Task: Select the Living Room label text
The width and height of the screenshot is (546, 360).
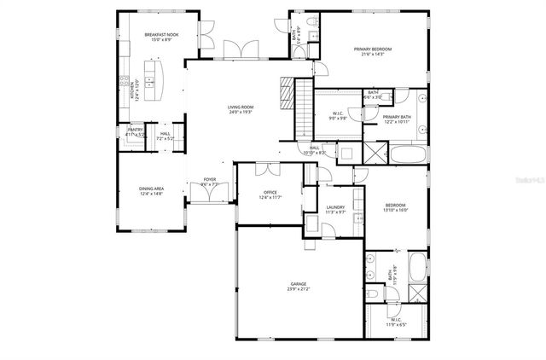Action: click(x=240, y=107)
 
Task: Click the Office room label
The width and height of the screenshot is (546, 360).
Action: click(x=270, y=193)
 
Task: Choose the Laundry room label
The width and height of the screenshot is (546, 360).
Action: click(x=335, y=207)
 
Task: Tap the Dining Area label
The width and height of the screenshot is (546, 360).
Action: click(x=151, y=189)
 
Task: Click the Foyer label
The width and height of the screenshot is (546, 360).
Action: click(x=209, y=179)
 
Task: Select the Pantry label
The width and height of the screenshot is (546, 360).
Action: click(x=135, y=130)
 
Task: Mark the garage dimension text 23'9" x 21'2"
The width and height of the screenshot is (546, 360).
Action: click(x=298, y=289)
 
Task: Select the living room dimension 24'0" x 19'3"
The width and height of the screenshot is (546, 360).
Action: click(x=240, y=113)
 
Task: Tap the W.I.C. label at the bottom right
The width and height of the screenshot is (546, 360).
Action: click(x=398, y=320)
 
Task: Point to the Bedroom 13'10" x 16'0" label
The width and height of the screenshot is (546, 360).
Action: click(x=396, y=206)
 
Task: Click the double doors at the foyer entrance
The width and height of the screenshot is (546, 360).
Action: click(x=209, y=194)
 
